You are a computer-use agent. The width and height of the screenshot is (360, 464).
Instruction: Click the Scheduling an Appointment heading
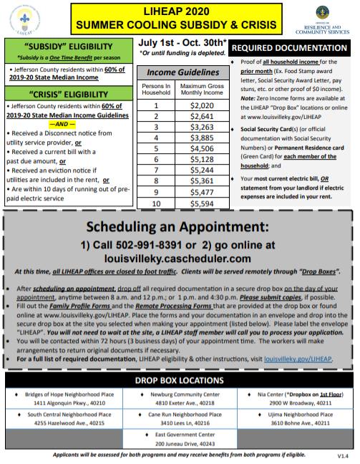pyautogui.click(x=179, y=227)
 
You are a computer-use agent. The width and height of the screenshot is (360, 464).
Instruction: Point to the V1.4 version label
pyautogui.click(x=342, y=455)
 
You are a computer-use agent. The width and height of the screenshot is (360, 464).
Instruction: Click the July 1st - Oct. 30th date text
pyautogui.click(x=183, y=42)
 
